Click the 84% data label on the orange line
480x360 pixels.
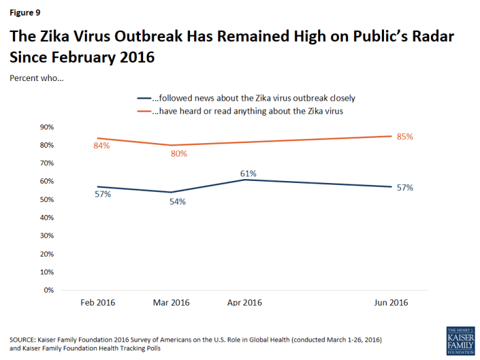click(101, 146)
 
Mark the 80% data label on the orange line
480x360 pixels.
click(179, 154)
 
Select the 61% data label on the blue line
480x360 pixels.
click(248, 173)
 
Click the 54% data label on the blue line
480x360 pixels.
click(178, 201)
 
